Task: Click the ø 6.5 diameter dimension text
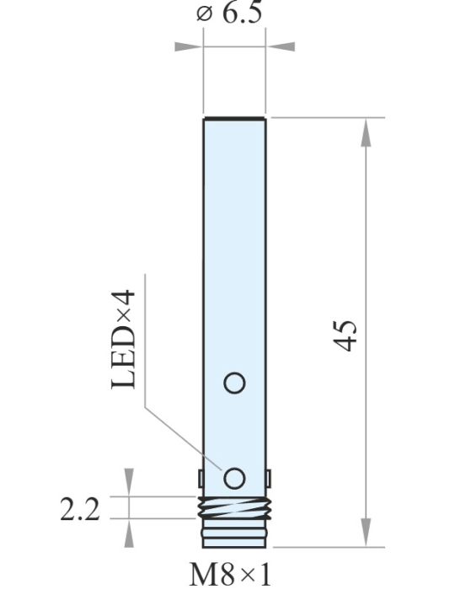point(229,13)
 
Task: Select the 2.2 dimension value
point(80,509)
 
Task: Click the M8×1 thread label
point(230,575)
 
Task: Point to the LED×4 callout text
point(123,340)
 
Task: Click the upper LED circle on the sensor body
point(234,383)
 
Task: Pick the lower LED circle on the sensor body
point(234,478)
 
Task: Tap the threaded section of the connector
point(234,507)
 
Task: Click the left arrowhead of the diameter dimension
point(189,46)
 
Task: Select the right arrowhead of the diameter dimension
point(280,46)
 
